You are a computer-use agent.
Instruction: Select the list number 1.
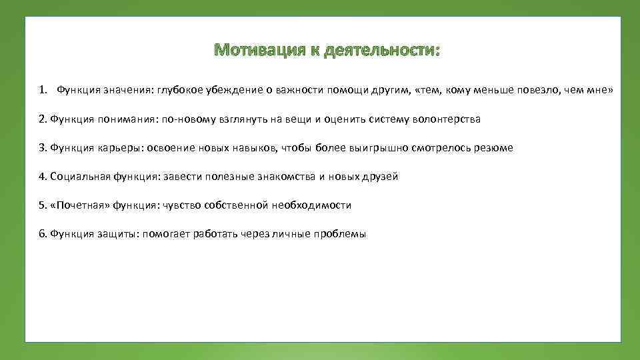pyautogui.click(x=42, y=90)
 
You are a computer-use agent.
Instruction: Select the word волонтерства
pyautogui.click(x=447, y=119)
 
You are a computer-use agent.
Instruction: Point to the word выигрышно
pyautogui.click(x=373, y=148)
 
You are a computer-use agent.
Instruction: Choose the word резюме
pyautogui.click(x=493, y=148)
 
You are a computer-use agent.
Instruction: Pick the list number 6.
pyautogui.click(x=42, y=234)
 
